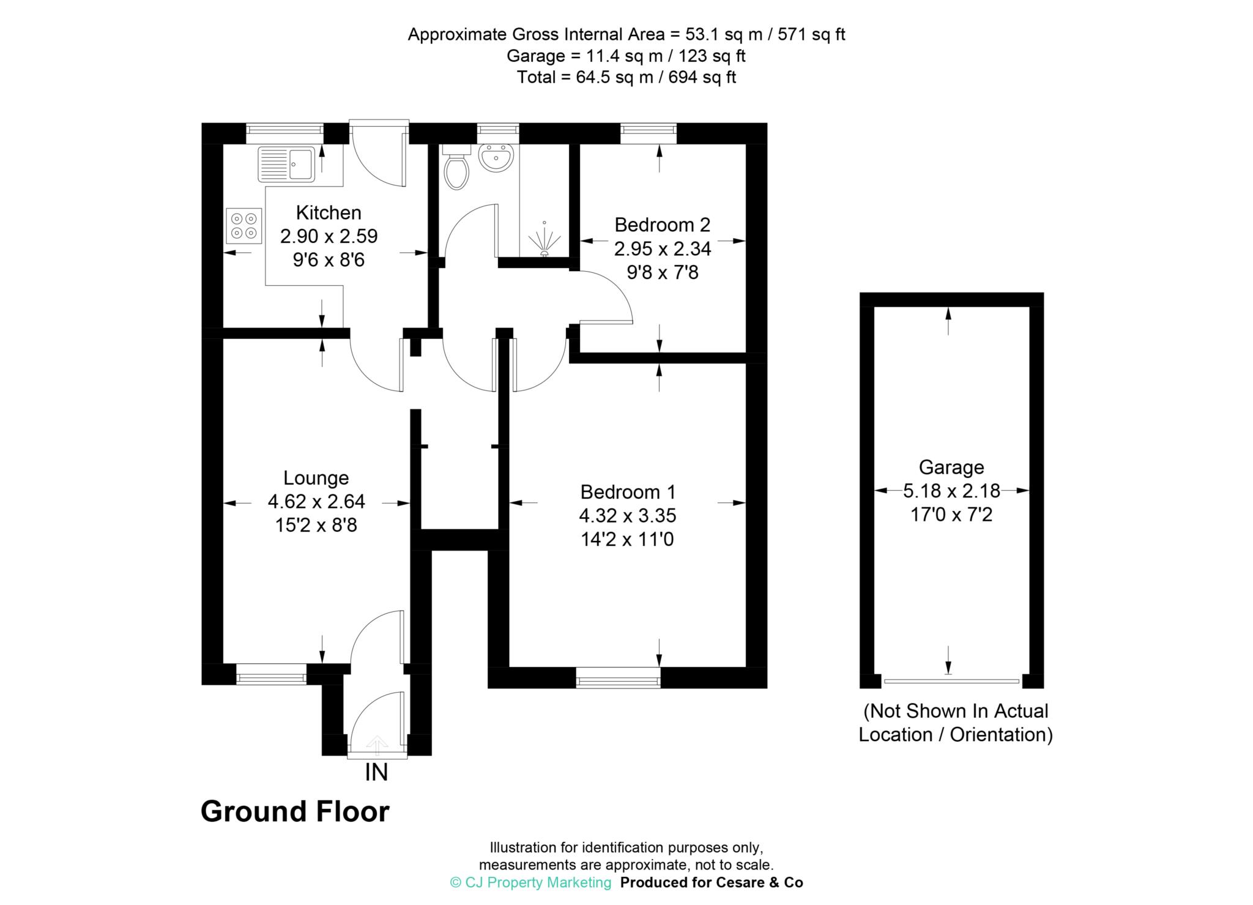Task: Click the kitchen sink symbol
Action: (x=286, y=164)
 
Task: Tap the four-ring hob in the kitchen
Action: (x=244, y=226)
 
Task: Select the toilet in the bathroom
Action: (x=456, y=167)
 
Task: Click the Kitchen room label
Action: (x=329, y=213)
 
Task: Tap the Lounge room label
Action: (x=316, y=478)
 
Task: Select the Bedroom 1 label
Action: (x=628, y=492)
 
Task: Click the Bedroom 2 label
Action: (x=663, y=225)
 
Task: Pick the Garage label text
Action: (x=951, y=467)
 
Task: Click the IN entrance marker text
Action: (x=376, y=773)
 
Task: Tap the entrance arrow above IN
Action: (x=377, y=745)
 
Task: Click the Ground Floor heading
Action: (x=295, y=812)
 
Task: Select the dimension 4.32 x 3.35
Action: (x=628, y=516)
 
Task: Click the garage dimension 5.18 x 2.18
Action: (x=952, y=491)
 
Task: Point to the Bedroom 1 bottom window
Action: (x=619, y=678)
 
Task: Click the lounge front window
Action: (x=271, y=674)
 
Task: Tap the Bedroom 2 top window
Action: (x=649, y=133)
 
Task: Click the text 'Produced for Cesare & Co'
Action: (x=712, y=882)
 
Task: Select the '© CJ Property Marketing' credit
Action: (x=530, y=882)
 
